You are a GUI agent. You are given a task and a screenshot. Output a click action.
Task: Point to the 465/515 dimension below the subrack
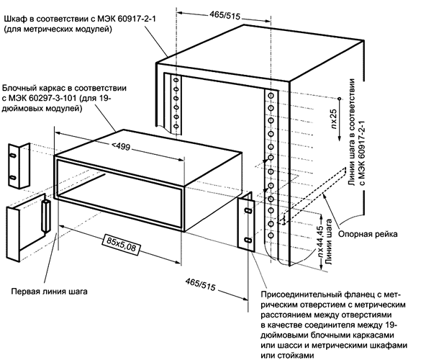pos(202,280)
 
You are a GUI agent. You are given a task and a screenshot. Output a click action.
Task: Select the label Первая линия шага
pos(50,292)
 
